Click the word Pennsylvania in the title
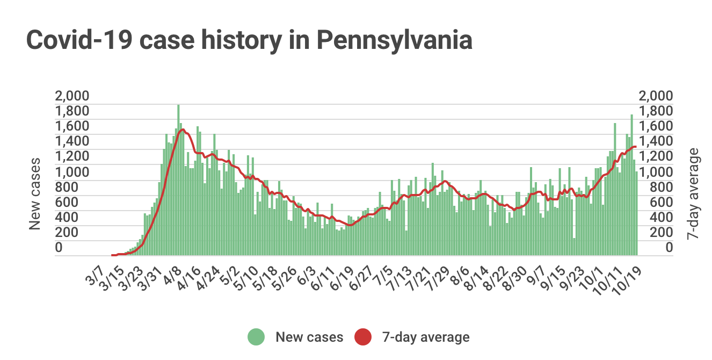[394, 40]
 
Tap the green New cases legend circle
[257, 337]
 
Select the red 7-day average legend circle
[364, 337]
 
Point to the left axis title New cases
[35, 193]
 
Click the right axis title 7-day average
[694, 193]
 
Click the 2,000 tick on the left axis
[72, 96]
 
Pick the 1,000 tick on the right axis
[655, 172]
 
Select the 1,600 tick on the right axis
[655, 127]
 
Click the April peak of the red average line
[183, 129]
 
